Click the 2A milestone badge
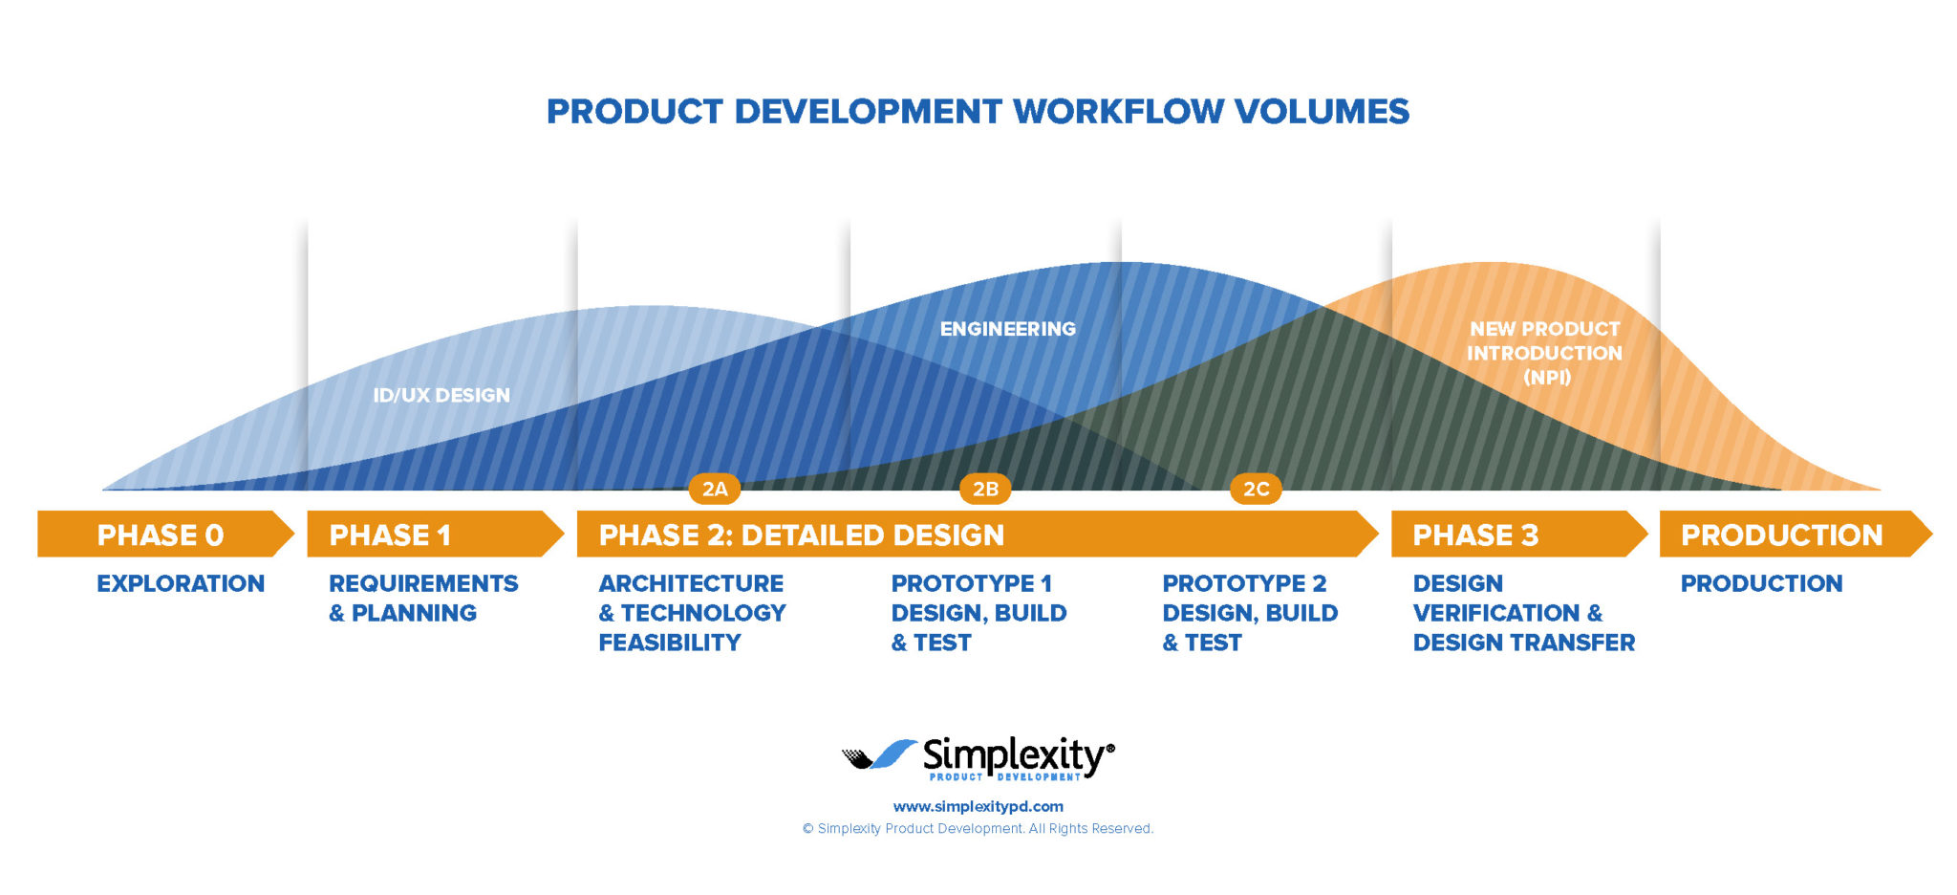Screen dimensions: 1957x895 [x=715, y=490]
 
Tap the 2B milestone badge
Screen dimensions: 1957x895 [x=985, y=490]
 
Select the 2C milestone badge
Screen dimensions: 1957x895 [x=1256, y=490]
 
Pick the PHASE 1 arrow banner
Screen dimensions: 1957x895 [x=435, y=534]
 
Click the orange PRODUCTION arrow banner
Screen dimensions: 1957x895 [x=1796, y=534]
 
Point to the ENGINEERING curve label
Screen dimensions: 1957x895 [x=1008, y=329]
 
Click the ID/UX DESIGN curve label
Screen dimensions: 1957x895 [x=441, y=395]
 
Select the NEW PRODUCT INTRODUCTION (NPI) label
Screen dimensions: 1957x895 [x=1545, y=353]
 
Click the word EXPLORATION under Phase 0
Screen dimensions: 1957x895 [x=181, y=583]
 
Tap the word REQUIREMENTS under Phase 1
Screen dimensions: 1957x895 [x=423, y=583]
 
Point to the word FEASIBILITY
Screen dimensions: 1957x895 [x=670, y=643]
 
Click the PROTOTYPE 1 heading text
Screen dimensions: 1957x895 [x=972, y=583]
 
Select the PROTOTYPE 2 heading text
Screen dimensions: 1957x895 [x=1244, y=583]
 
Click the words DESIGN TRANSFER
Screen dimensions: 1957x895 [x=1524, y=643]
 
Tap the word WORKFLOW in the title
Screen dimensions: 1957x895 [x=1118, y=112]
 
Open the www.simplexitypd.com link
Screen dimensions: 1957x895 [x=978, y=806]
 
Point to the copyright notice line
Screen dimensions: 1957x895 [x=978, y=828]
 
